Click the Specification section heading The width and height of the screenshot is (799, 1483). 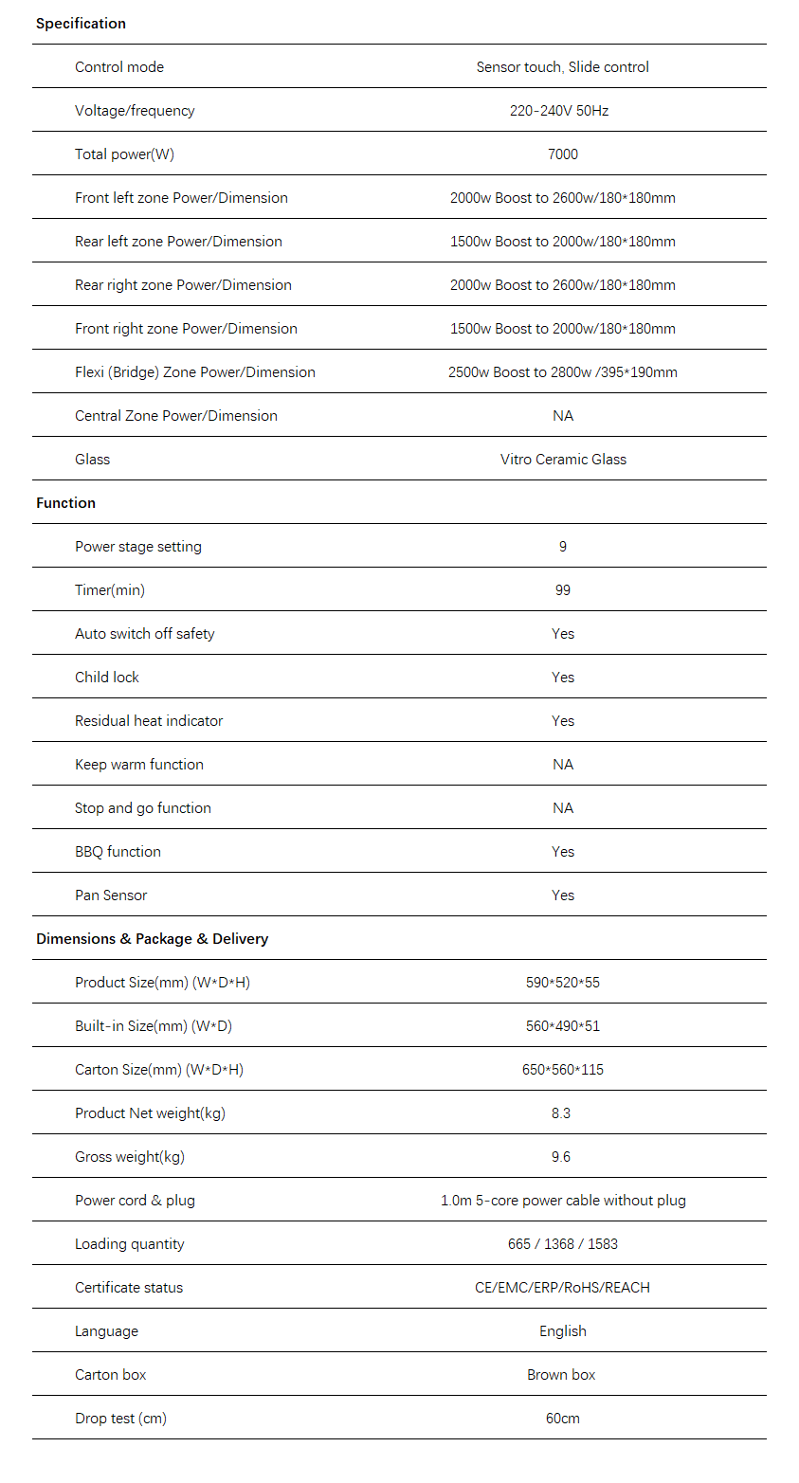coord(81,24)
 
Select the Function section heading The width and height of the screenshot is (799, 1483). coord(65,503)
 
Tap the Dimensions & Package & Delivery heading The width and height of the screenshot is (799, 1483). coord(152,939)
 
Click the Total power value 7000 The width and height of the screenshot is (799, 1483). coord(563,154)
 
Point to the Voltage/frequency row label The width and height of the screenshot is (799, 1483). coord(135,111)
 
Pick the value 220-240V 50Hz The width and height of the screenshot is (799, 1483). coord(559,111)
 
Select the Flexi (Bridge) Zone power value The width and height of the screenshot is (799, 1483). coord(563,372)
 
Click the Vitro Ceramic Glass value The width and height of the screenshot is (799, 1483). coord(563,460)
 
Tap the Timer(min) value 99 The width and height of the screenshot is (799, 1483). coord(563,590)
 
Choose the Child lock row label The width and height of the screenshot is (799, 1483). coord(107,678)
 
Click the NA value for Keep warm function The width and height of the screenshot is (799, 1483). coord(563,765)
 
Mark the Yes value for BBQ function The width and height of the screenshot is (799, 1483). coord(563,852)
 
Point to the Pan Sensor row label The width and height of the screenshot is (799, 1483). coord(111,895)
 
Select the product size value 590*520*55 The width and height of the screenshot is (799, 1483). coord(563,983)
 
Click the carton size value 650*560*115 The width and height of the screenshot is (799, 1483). coord(563,1070)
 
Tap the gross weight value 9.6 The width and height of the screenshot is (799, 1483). coord(561,1157)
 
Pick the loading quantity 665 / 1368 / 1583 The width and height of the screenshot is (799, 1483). coord(563,1244)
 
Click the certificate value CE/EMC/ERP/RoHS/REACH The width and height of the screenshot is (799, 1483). coord(563,1288)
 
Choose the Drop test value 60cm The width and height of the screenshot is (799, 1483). coord(563,1419)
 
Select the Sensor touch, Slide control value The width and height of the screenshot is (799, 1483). coord(563,67)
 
